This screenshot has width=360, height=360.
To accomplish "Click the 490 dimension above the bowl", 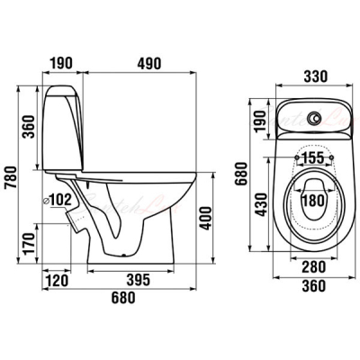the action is coord(149,63).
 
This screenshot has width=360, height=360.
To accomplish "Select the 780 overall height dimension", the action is coord(12,177).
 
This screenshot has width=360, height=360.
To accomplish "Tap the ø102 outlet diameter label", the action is coord(58,200).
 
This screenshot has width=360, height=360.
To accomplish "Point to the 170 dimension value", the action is coord(30,243).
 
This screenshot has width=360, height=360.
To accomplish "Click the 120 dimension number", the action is coord(56,281).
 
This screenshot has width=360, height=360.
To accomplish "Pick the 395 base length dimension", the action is coord(138,280).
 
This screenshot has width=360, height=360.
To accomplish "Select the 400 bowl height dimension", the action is coord(206,218).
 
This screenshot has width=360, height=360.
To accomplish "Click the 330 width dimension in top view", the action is coord(316,76).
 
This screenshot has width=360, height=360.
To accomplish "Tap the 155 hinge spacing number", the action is coord(312,157).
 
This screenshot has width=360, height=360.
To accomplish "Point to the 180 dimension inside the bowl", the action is coord(313,201).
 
